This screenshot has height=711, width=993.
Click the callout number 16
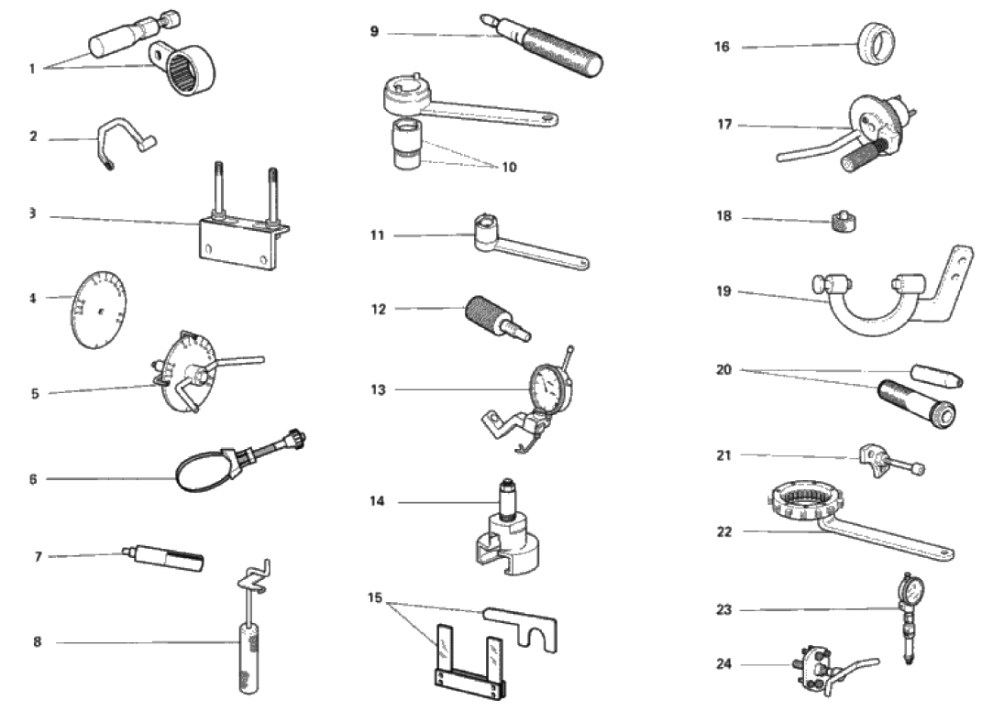pyautogui.click(x=723, y=47)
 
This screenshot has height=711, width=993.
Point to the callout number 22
pyautogui.click(x=723, y=531)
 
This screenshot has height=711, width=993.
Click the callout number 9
pyautogui.click(x=374, y=32)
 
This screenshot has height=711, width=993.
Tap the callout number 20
pyautogui.click(x=723, y=370)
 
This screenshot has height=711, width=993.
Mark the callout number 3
pyautogui.click(x=32, y=213)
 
